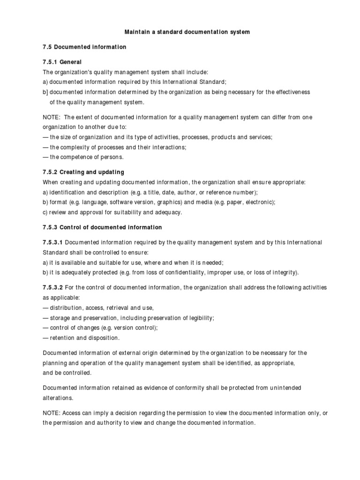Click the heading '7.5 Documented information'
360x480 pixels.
pyautogui.click(x=85, y=47)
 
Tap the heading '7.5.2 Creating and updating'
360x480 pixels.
pyautogui.click(x=83, y=172)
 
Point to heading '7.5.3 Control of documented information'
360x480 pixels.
pyautogui.click(x=102, y=227)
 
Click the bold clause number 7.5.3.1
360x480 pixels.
pyautogui.click(x=53, y=242)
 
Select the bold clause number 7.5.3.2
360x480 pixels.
pyautogui.click(x=53, y=287)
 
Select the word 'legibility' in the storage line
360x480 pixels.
pyautogui.click(x=200, y=318)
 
